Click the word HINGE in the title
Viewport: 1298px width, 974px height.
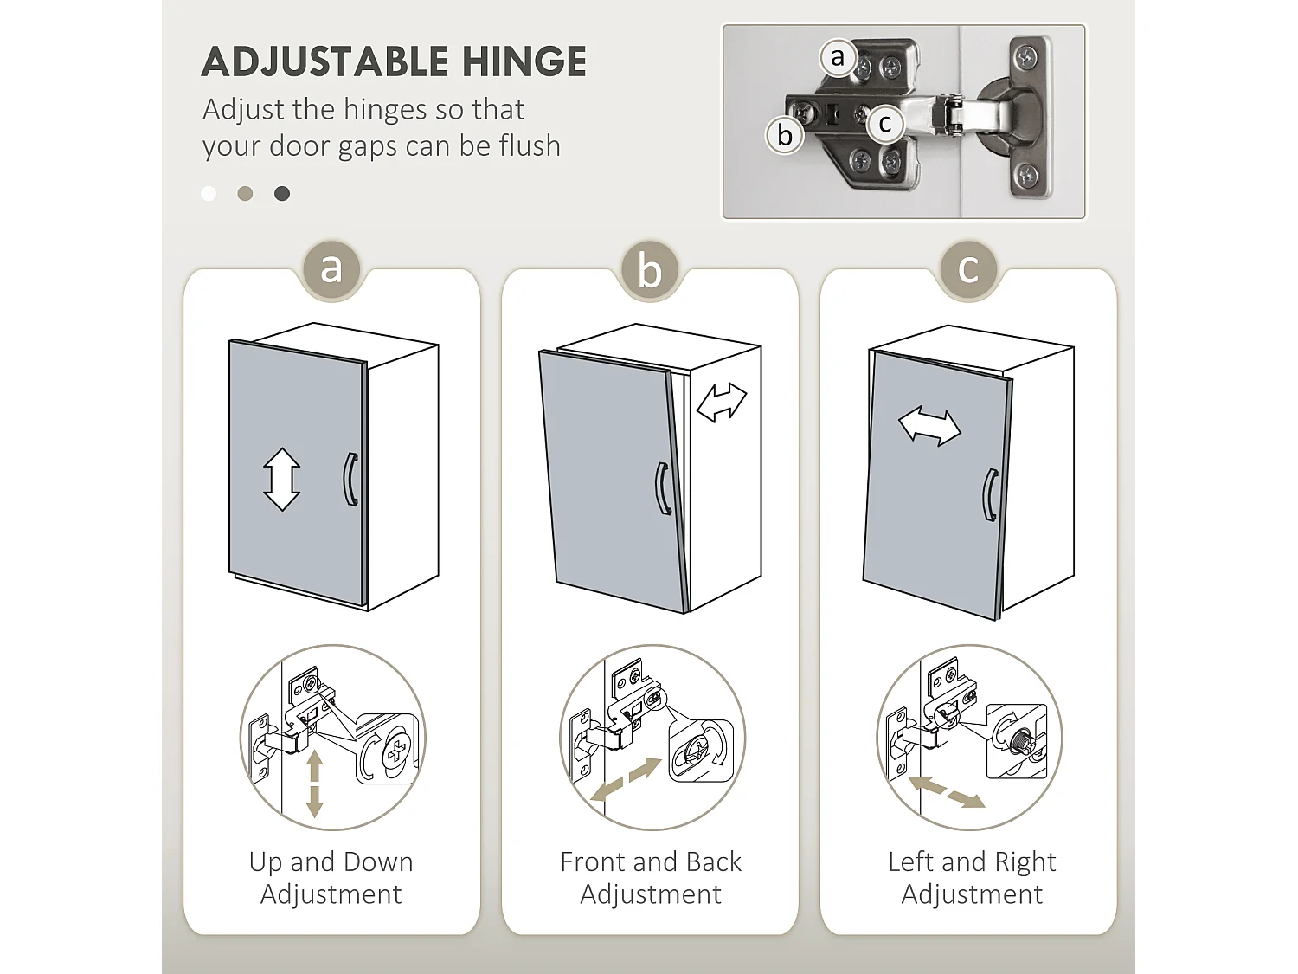click(x=524, y=61)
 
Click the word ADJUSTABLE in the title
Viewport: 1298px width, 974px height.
click(x=324, y=61)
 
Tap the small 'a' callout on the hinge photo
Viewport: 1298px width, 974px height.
click(x=838, y=58)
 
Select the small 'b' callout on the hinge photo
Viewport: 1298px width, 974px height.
click(x=784, y=136)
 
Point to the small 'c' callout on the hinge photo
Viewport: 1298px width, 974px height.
click(x=884, y=124)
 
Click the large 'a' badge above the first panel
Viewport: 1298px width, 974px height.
click(x=331, y=269)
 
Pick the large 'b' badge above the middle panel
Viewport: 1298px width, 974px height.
click(x=650, y=271)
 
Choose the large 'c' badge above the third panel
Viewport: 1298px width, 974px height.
click(x=968, y=269)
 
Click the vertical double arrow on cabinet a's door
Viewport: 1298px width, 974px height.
click(x=281, y=479)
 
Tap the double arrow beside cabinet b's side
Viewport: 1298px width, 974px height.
click(x=722, y=402)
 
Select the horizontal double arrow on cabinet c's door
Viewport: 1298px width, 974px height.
click(x=929, y=426)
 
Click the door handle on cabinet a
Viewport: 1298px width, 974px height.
click(x=350, y=479)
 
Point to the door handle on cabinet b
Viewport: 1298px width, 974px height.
click(x=664, y=488)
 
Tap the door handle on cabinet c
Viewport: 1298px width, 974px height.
click(x=991, y=495)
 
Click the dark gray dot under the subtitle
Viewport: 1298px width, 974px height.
click(x=282, y=193)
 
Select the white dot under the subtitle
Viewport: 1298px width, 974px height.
click(x=209, y=193)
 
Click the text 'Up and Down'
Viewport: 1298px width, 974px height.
click(x=331, y=862)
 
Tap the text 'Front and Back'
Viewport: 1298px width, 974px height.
click(x=651, y=862)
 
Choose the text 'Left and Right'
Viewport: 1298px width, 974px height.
click(x=972, y=862)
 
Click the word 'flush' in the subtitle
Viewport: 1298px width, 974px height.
click(x=530, y=145)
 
